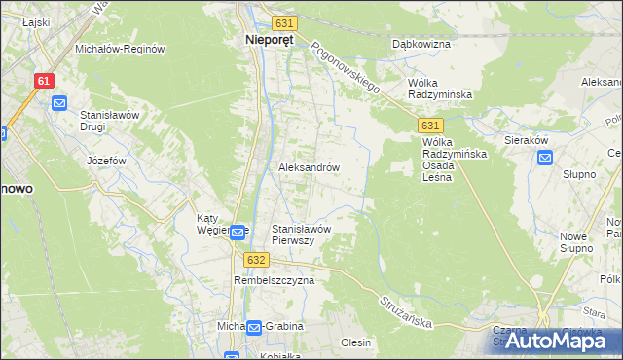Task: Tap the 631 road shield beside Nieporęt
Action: [x=283, y=22]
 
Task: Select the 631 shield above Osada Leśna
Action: [x=432, y=126]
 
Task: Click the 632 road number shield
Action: [x=256, y=260]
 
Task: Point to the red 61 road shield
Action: [x=43, y=82]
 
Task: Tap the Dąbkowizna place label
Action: [x=420, y=44]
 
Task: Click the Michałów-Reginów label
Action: [x=120, y=49]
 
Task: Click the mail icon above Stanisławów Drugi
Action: [x=59, y=102]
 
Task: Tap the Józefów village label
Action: [x=107, y=161]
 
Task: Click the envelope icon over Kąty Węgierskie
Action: [x=238, y=231]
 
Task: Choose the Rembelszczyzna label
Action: [x=275, y=280]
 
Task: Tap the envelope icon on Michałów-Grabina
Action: [x=253, y=327]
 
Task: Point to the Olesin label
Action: [x=356, y=342]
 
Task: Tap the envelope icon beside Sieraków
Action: [x=544, y=158]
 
